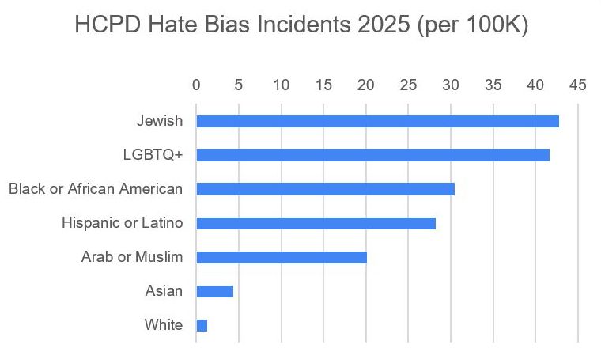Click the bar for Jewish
click(377, 121)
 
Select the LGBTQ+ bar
click(372, 155)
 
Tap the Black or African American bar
click(325, 189)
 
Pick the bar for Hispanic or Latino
click(316, 223)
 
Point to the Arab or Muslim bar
click(282, 257)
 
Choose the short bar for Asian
click(214, 291)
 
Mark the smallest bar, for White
click(202, 325)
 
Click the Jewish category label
click(160, 121)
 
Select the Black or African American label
click(96, 189)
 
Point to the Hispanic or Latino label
click(123, 223)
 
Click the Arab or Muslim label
click(132, 257)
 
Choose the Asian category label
click(164, 291)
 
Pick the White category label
click(164, 325)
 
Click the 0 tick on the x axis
click(196, 84)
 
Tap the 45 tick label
click(578, 84)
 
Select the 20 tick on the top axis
click(366, 84)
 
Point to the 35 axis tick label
click(493, 84)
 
